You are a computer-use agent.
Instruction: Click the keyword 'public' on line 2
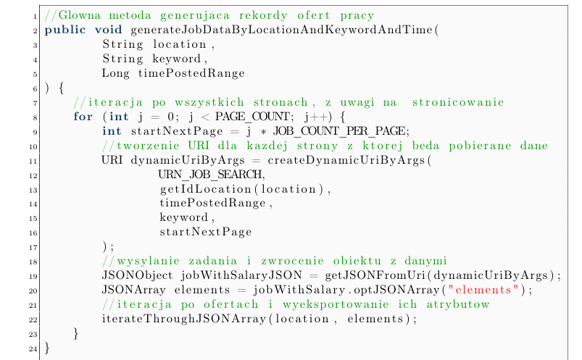pos(65,30)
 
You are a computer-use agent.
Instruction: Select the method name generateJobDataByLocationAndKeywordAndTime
pos(281,30)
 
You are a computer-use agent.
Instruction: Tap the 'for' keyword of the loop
pos(83,117)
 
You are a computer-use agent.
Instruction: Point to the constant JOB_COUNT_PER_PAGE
pos(339,131)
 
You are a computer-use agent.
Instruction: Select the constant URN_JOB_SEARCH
pos(209,175)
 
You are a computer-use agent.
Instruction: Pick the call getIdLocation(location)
pos(242,189)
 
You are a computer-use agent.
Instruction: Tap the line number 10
pos(33,146)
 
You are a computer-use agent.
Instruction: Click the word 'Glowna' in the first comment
pos(80,16)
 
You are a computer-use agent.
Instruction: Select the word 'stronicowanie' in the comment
pos(458,102)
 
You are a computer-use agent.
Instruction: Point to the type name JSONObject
pos(137,275)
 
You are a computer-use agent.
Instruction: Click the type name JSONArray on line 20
pos(133,290)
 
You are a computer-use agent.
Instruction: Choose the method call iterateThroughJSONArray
pos(184,319)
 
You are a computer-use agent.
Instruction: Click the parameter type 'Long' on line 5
pos(115,73)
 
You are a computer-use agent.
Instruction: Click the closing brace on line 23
pos(76,333)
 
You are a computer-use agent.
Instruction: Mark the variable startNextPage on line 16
pos(206,232)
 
